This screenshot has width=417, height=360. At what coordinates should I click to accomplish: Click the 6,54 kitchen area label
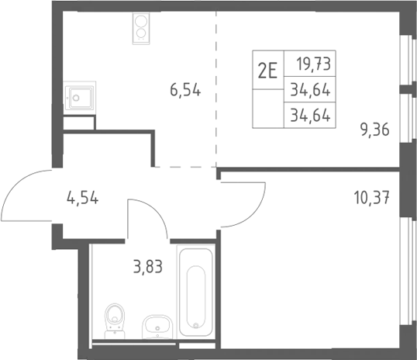pyautogui.click(x=185, y=90)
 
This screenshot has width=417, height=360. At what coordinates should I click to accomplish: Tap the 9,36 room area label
pyautogui.click(x=374, y=130)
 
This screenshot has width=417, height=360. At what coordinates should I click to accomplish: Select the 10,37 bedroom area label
pyautogui.click(x=372, y=197)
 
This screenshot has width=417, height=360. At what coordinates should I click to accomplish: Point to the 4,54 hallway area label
pyautogui.click(x=82, y=198)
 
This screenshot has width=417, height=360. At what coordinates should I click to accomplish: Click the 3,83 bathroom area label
pyautogui.click(x=148, y=267)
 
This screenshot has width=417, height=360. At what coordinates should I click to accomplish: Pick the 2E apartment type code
pyautogui.click(x=267, y=71)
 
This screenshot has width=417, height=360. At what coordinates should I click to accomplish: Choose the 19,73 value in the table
pyautogui.click(x=314, y=64)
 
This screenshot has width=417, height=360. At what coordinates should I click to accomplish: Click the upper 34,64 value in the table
pyautogui.click(x=310, y=89)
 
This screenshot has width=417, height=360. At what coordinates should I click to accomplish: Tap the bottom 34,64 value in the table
pyautogui.click(x=310, y=116)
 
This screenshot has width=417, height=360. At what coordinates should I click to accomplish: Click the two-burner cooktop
pyautogui.click(x=141, y=28)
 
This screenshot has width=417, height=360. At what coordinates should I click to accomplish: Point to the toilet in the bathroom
pyautogui.click(x=115, y=320)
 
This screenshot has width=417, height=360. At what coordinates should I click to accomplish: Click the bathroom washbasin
pyautogui.click(x=157, y=327)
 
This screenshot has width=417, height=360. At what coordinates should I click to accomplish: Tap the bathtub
pyautogui.click(x=196, y=291)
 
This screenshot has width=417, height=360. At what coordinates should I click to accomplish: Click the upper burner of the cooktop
pyautogui.click(x=141, y=21)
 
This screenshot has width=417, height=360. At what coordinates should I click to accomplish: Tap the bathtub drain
pyautogui.click(x=196, y=325)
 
